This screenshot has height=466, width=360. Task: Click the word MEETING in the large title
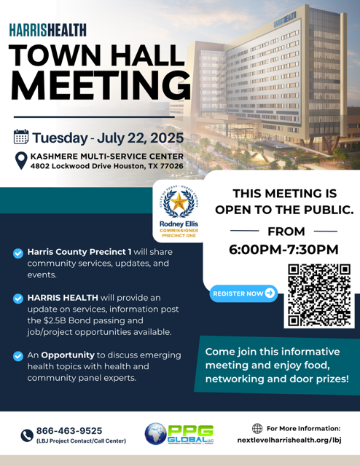tap(100, 86)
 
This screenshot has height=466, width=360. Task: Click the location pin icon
tap(21, 160)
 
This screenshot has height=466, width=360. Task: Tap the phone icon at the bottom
tap(27, 435)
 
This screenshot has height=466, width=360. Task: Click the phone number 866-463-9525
tap(69, 430)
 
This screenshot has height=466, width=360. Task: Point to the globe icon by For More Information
tap(257, 429)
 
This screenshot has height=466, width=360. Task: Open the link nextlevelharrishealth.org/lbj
tap(289, 441)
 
